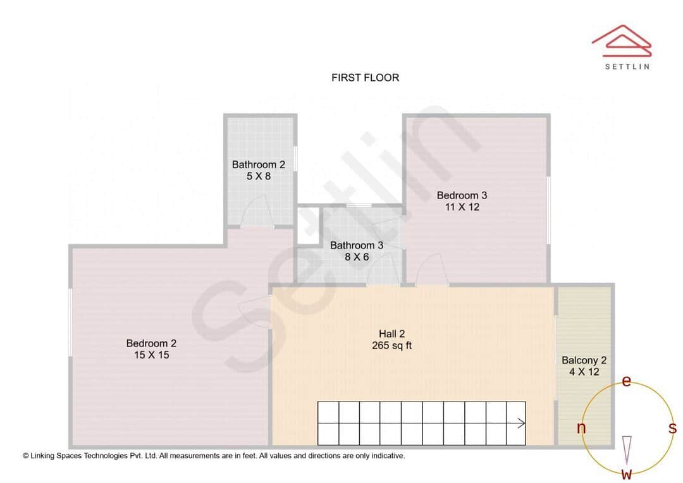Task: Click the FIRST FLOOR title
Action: tap(365, 78)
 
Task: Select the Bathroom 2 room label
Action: tap(258, 165)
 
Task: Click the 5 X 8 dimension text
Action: tap(258, 176)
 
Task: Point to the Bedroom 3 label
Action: tap(462, 195)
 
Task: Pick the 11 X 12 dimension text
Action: tap(462, 207)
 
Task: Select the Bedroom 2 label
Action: tap(151, 343)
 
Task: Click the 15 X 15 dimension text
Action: tap(151, 355)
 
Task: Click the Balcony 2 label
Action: tap(584, 360)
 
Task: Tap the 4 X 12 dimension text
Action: tap(584, 372)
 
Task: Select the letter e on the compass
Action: tap(627, 381)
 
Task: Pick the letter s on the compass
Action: tap(672, 428)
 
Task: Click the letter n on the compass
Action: tap(581, 429)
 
